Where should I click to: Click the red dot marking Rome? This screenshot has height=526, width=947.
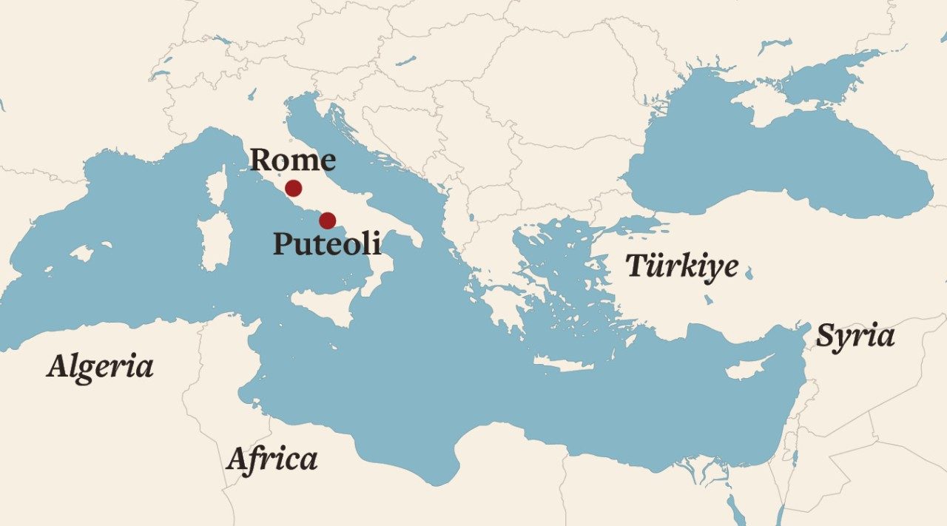[x=293, y=188]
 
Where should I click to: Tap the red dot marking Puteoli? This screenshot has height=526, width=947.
[x=327, y=220]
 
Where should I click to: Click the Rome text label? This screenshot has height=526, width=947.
[x=292, y=160]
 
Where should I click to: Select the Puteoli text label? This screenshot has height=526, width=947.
[x=327, y=243]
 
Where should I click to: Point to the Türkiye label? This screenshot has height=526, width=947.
[x=681, y=266]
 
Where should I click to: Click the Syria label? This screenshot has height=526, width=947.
[x=855, y=337]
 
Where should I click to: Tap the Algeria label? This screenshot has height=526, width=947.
[x=100, y=366]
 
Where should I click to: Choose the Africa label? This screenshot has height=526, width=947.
[x=272, y=459]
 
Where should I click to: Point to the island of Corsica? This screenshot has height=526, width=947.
[x=216, y=186]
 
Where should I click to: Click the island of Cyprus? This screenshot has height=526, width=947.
[x=747, y=368]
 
